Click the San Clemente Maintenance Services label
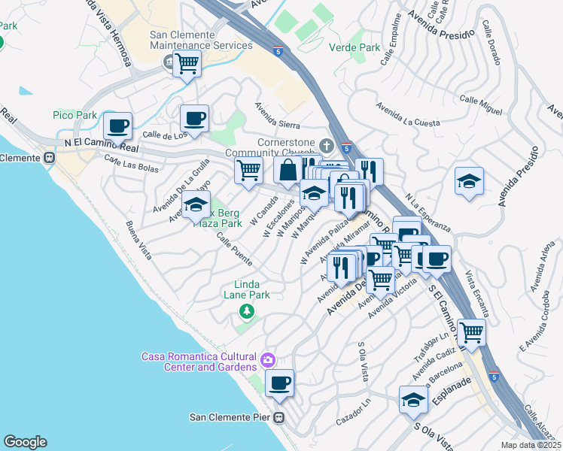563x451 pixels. (201, 40)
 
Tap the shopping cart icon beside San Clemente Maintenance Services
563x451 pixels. (187, 63)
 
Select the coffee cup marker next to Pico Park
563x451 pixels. (117, 126)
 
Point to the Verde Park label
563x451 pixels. (355, 47)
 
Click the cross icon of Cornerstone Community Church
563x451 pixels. (326, 145)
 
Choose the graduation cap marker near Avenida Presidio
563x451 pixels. (469, 181)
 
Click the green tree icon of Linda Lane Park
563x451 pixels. (245, 311)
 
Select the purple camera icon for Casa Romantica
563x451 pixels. (268, 362)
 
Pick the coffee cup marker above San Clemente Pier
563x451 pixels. (279, 383)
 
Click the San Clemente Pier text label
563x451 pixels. (230, 417)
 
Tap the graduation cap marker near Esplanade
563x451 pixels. (413, 400)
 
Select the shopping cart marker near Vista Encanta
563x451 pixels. (471, 331)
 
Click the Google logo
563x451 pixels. (25, 442)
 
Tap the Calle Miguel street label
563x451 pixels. (480, 105)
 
